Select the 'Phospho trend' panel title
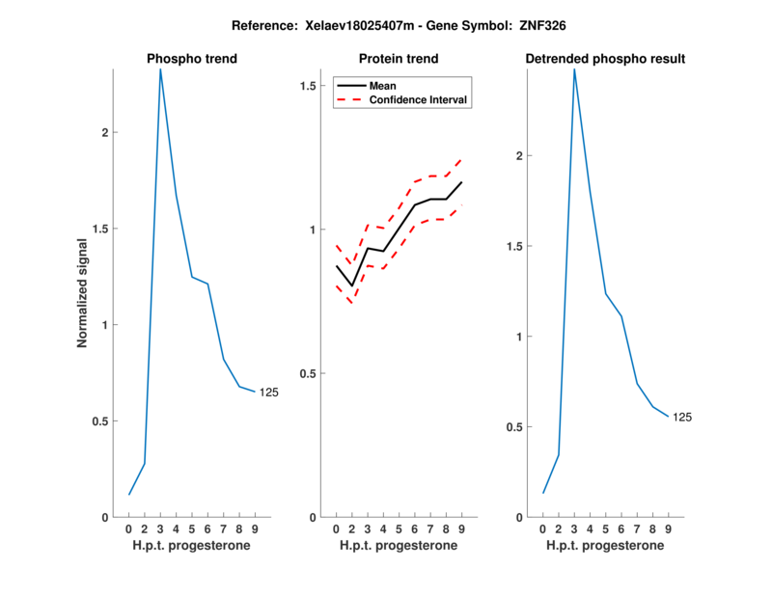(x=191, y=59)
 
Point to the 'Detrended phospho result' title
(x=605, y=59)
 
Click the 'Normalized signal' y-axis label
(x=82, y=292)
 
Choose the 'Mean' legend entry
(x=382, y=86)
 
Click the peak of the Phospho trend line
(x=160, y=69)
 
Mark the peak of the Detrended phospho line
(x=574, y=69)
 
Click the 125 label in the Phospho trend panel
(x=268, y=392)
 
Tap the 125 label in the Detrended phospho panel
(x=682, y=417)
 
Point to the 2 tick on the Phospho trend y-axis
(x=104, y=132)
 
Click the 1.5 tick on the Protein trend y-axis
(x=308, y=87)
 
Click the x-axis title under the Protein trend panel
(x=398, y=546)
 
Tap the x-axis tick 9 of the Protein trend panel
(x=461, y=529)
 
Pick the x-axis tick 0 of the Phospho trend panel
(x=128, y=529)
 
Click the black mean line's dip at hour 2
(x=352, y=285)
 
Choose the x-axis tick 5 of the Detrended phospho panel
(x=606, y=529)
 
